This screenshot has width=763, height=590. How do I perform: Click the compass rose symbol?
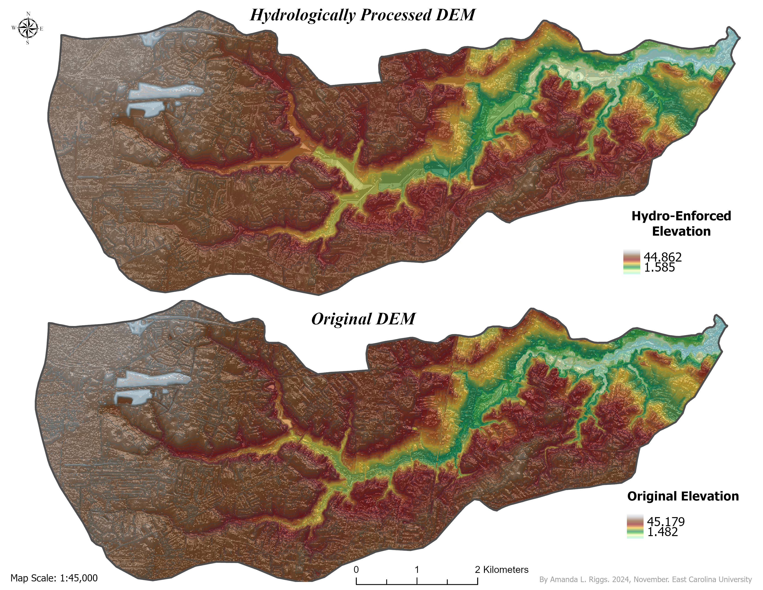(28, 28)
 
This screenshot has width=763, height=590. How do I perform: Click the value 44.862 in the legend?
(662, 257)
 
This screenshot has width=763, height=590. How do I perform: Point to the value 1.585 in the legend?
(659, 268)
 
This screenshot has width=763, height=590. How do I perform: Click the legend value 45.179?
(665, 522)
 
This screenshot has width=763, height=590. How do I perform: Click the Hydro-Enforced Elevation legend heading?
(681, 224)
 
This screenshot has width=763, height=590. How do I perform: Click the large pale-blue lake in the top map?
(164, 93)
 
